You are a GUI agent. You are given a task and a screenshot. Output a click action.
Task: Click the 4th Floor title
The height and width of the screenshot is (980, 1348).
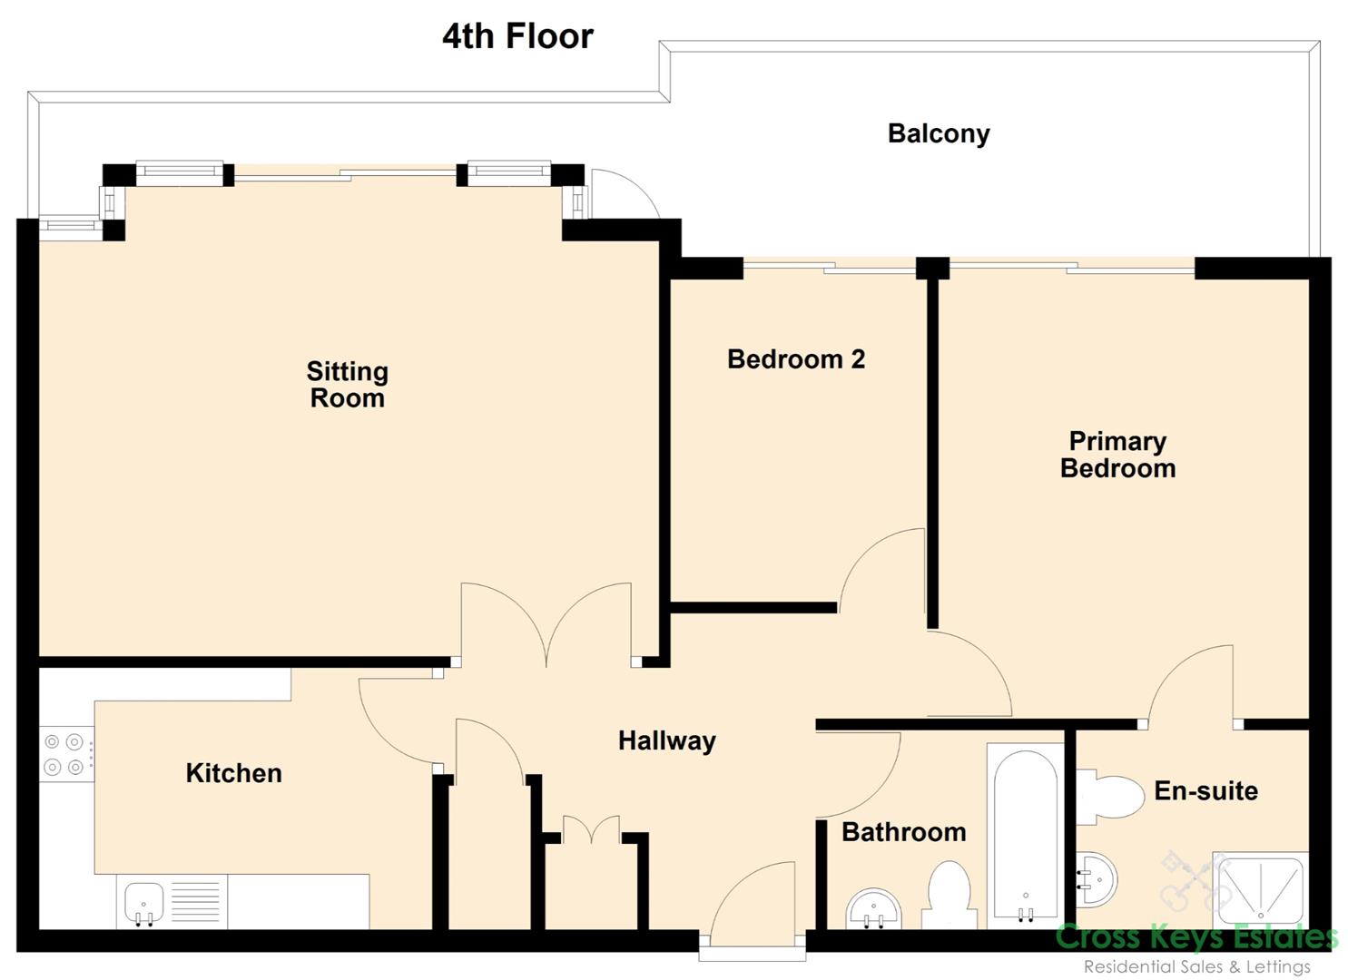[517, 36]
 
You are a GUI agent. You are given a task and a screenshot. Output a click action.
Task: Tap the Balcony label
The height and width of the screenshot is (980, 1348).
[939, 134]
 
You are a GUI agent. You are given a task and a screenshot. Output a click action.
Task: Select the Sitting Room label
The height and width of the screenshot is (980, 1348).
[348, 385]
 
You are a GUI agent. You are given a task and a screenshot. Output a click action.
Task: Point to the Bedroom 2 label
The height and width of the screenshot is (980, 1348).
[796, 359]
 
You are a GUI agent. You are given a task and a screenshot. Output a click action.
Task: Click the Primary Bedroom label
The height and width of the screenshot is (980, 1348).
[1117, 455]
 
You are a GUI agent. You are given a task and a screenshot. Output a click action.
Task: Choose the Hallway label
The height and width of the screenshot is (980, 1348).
[667, 741]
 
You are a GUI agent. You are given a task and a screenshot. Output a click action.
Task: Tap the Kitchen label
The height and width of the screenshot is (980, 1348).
[233, 773]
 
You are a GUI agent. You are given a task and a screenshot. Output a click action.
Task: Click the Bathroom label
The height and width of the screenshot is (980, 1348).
[904, 832]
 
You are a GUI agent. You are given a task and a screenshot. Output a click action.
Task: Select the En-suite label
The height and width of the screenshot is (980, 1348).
[1206, 790]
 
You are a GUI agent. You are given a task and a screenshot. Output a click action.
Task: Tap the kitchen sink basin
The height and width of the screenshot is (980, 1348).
[143, 903]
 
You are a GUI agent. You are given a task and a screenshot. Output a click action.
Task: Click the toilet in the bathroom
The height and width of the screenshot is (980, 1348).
[948, 896]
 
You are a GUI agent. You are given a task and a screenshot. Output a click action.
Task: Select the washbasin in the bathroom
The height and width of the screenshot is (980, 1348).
[874, 908]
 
